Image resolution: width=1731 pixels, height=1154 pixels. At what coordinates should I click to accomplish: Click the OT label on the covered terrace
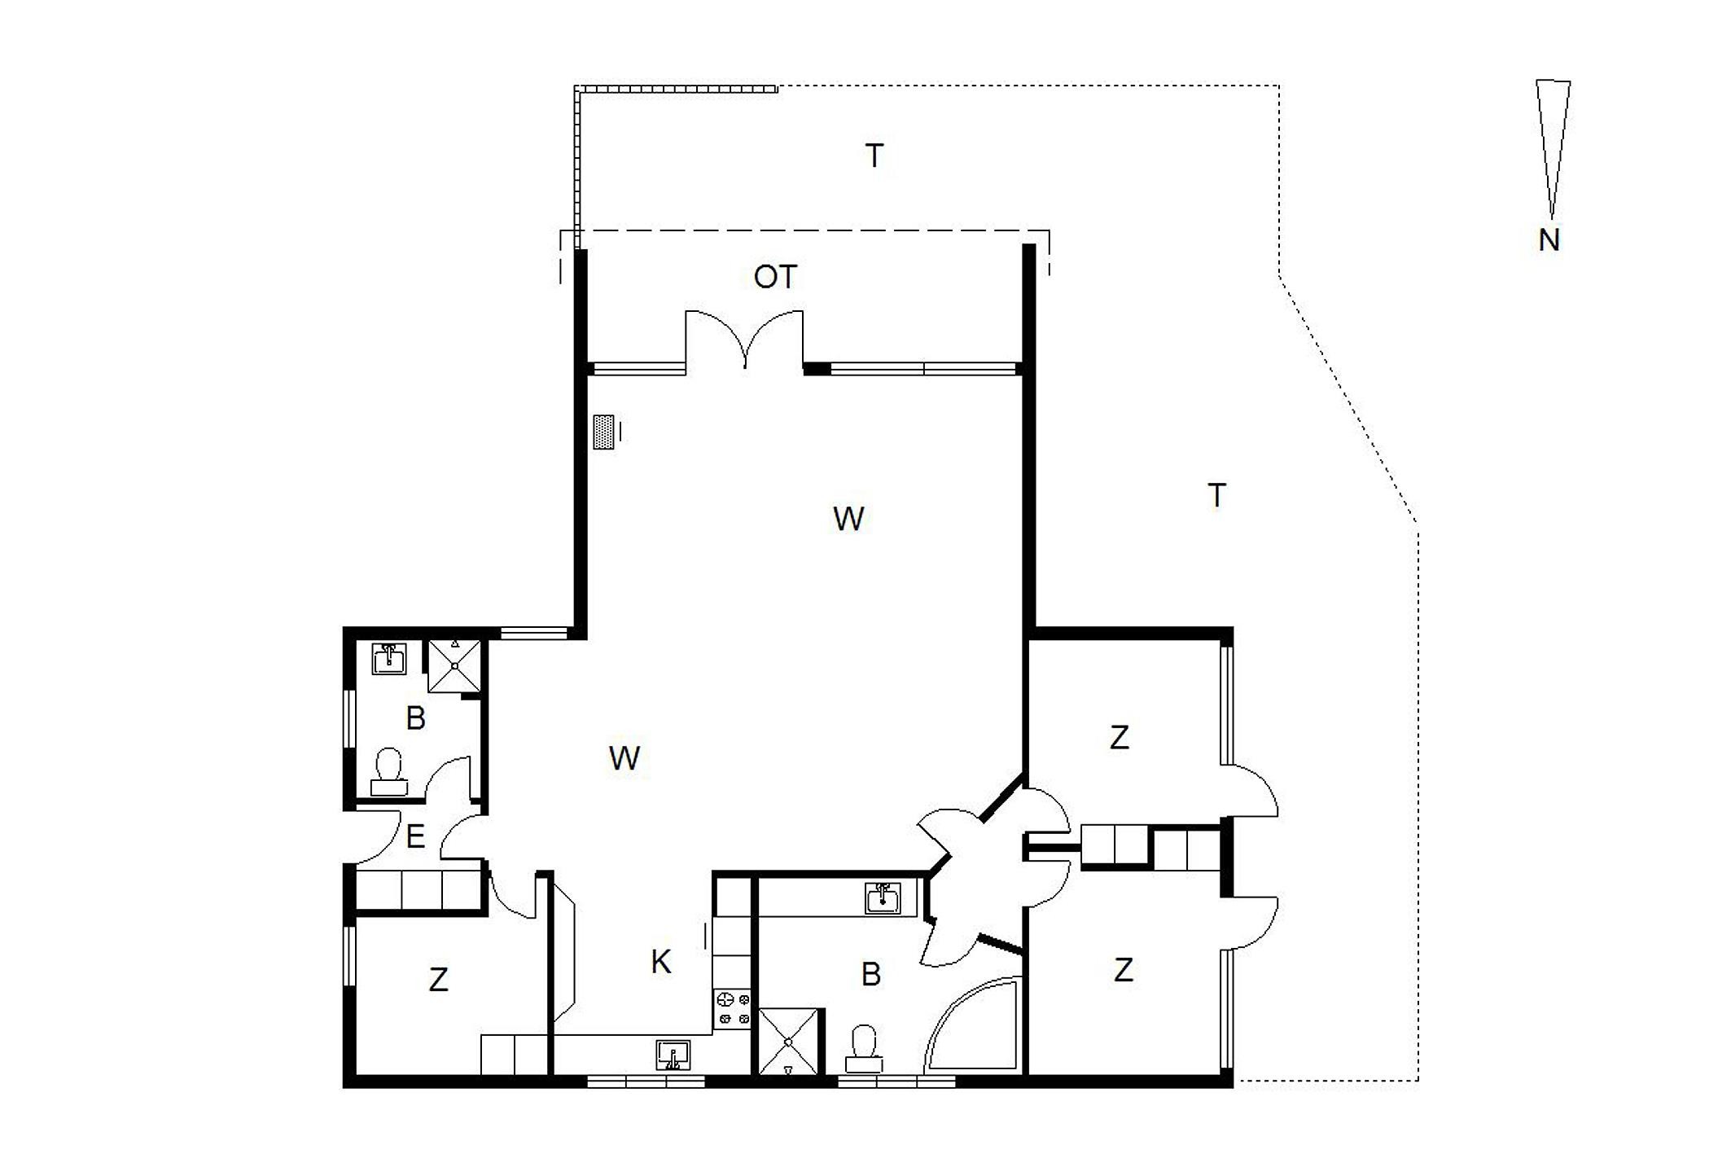[775, 278]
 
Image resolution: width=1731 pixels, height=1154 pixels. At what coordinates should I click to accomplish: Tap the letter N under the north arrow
[1549, 240]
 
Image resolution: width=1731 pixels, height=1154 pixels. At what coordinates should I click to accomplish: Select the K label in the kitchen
[661, 962]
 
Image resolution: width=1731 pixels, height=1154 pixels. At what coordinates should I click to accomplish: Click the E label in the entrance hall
[415, 836]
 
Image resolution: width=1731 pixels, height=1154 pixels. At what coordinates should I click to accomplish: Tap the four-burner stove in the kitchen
[732, 1007]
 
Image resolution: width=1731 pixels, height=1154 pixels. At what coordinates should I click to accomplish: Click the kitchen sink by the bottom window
[673, 1055]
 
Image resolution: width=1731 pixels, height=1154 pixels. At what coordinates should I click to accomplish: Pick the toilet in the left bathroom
[389, 772]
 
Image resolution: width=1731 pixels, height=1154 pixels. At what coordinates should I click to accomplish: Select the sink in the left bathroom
[389, 658]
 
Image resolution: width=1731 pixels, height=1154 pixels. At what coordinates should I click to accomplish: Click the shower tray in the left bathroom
[455, 665]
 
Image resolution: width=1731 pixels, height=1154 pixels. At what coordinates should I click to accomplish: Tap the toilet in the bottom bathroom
[863, 1049]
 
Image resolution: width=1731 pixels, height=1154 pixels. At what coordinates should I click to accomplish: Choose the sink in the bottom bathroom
[883, 899]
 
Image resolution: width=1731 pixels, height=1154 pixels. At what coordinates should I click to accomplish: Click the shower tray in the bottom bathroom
[788, 1042]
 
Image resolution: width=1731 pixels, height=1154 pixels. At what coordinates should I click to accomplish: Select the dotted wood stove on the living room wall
[603, 432]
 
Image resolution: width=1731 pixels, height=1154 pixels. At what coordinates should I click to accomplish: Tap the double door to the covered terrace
[745, 340]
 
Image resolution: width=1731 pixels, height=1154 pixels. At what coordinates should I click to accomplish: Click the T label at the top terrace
[874, 156]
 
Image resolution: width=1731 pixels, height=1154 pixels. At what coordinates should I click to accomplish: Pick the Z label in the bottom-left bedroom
[439, 980]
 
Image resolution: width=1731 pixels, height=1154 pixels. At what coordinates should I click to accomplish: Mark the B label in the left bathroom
[415, 718]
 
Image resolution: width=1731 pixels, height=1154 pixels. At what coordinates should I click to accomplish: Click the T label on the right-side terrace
[1216, 495]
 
